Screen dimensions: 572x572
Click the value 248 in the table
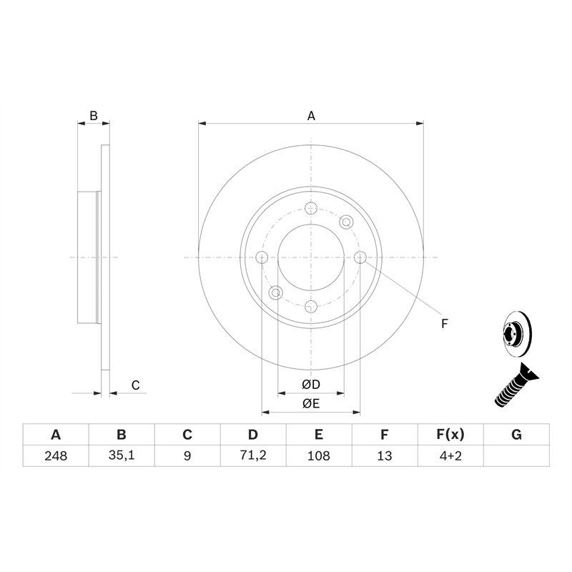[56, 455]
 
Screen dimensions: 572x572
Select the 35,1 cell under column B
[122, 455]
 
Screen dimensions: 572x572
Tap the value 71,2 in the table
[252, 455]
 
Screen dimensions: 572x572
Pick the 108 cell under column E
[319, 455]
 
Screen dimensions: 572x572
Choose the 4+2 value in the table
[450, 455]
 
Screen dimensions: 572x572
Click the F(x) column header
[450, 435]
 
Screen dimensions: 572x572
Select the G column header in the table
[517, 435]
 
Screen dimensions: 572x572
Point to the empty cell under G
[517, 455]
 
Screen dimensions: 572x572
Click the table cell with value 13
[385, 455]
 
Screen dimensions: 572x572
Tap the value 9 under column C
[187, 455]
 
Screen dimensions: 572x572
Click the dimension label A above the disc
[311, 115]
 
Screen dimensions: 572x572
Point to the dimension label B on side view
[93, 115]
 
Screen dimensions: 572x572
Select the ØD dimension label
[311, 385]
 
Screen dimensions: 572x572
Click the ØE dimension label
[311, 404]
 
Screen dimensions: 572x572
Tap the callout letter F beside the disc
[444, 324]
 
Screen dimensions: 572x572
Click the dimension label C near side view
[134, 385]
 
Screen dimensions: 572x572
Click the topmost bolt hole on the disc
[311, 208]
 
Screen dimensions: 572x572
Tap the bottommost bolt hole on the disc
[311, 306]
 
